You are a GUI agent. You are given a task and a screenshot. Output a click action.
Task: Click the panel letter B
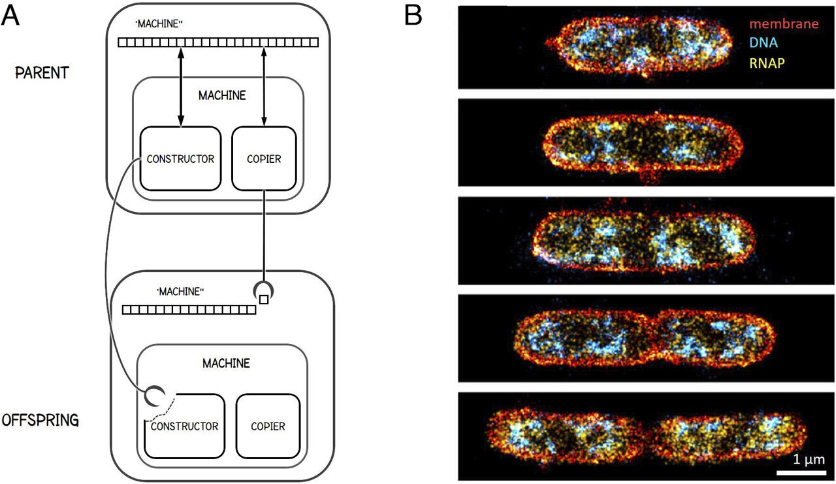point(414,14)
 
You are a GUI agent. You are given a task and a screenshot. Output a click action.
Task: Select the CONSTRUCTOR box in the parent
point(180,159)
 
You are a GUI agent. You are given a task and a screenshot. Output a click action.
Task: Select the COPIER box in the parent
point(264,159)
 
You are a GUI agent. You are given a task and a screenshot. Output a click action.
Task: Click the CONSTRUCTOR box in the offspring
point(184,426)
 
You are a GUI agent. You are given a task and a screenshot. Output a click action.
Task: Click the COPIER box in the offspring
point(268,426)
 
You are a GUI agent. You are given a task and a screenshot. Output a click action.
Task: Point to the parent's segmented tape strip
point(218,43)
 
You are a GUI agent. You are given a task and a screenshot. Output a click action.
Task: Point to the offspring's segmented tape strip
point(189,309)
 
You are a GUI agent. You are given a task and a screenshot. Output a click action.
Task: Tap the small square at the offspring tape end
point(264,300)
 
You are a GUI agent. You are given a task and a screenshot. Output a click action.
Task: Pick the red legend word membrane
point(784,24)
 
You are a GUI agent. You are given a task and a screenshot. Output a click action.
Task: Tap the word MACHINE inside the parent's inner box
point(223,95)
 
